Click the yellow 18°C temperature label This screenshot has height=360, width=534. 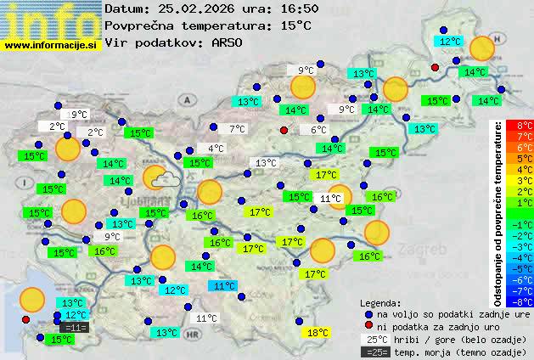tap(318, 333)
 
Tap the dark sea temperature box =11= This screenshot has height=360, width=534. tap(75, 328)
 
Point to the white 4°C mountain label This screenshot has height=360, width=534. tap(216, 149)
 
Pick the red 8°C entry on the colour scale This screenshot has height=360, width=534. tap(525, 126)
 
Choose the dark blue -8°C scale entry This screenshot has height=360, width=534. tap(525, 301)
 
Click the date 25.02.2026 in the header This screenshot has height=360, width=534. tap(196, 9)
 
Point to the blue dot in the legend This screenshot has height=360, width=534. tap(368, 313)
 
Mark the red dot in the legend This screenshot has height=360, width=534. tap(368, 326)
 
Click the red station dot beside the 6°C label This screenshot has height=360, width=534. tap(284, 130)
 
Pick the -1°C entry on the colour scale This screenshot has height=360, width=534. tap(525, 224)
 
